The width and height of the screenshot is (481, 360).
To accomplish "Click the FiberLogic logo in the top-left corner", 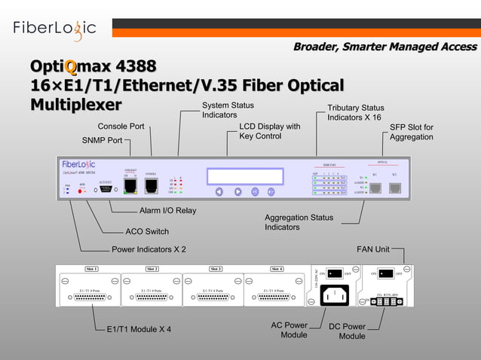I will [54, 28].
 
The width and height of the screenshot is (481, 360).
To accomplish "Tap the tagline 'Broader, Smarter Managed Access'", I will [384, 47].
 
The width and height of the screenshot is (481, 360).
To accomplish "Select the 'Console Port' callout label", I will [121, 126].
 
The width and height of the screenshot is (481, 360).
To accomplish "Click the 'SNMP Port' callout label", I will [102, 140].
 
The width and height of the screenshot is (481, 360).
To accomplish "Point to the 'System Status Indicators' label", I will [228, 110].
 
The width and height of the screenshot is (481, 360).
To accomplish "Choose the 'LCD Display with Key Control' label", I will [269, 131].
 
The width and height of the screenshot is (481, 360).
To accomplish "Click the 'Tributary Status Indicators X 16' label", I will [355, 113].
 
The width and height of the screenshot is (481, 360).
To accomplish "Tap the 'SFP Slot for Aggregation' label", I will [411, 132].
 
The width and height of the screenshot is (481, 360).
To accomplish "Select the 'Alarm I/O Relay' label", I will [167, 210].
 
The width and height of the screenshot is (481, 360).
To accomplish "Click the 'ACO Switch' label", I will [146, 231].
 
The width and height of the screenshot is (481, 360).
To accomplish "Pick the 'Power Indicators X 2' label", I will [149, 249].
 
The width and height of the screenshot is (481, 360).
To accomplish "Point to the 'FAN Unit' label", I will [373, 249].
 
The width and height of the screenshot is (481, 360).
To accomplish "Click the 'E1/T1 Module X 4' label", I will [139, 329].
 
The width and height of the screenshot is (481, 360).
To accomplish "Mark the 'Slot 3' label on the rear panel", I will [215, 269].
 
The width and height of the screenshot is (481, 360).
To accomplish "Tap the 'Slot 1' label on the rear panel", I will [91, 269].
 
